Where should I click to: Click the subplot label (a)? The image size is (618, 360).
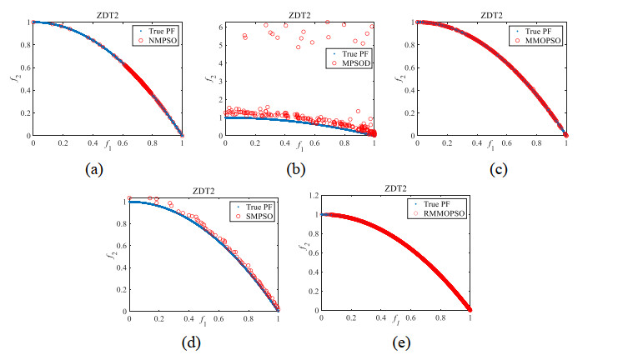coord(94,168)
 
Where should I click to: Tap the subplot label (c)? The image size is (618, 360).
coord(491,168)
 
